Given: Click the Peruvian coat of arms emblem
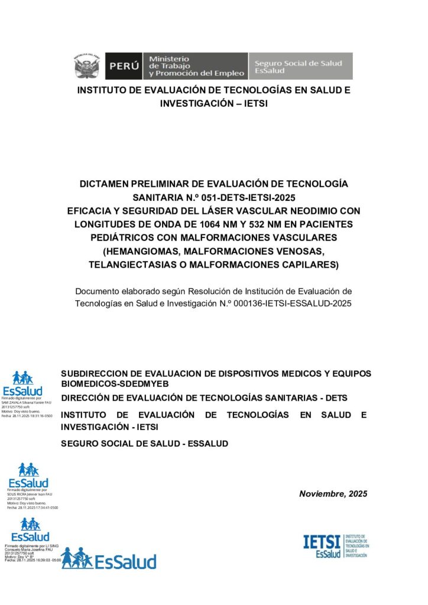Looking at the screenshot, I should tap(86, 66).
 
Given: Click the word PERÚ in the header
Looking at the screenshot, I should tap(124, 66).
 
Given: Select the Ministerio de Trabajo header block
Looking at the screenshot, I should tap(196, 66).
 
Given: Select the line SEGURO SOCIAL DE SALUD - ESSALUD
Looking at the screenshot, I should tap(144, 443).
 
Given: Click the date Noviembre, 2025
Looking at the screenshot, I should tap(333, 494).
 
